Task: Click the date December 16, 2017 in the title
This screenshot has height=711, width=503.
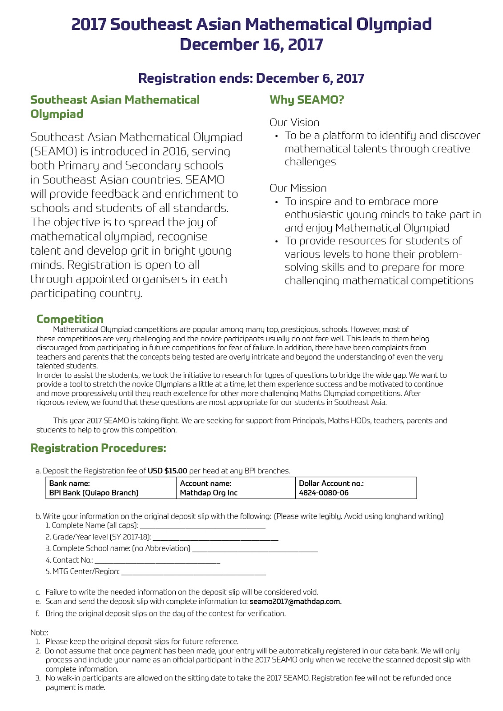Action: click(x=251, y=44)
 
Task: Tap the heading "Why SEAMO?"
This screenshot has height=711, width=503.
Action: click(x=307, y=100)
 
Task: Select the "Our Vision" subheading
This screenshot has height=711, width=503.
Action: click(x=294, y=123)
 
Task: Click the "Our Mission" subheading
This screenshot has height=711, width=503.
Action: click(x=298, y=188)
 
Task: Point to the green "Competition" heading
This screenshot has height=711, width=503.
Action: click(x=70, y=319)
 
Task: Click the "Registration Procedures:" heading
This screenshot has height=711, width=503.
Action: click(x=98, y=448)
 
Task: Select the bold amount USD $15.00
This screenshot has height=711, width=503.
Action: click(x=167, y=471)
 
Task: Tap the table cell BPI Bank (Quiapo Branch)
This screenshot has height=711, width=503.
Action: click(x=94, y=493)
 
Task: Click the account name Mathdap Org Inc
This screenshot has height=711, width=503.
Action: click(x=209, y=493)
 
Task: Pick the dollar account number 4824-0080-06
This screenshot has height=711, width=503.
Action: click(x=324, y=493)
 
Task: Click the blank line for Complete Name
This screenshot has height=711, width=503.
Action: click(x=203, y=527)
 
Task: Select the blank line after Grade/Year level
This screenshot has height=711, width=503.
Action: click(x=215, y=539)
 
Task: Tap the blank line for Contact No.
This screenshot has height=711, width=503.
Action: click(x=157, y=562)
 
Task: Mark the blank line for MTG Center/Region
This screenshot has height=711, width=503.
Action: click(x=193, y=573)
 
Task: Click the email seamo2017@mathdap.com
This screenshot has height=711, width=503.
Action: click(x=295, y=602)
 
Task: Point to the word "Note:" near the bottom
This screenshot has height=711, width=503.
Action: click(x=39, y=632)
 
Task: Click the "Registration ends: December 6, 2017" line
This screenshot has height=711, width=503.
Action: click(x=251, y=78)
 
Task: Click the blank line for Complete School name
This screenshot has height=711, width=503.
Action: click(x=255, y=550)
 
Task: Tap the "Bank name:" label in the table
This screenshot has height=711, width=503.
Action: click(x=69, y=483)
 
